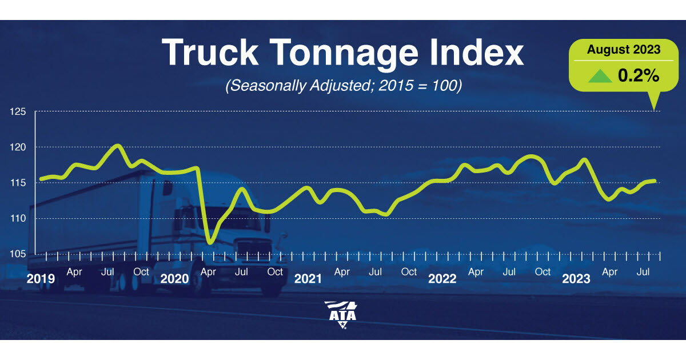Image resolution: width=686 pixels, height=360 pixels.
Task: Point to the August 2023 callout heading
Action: (624, 50)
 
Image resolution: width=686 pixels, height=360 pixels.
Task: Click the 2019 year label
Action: (41, 279)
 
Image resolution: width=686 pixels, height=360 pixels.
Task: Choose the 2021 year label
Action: (308, 279)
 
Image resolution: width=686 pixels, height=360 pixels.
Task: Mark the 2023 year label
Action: (576, 279)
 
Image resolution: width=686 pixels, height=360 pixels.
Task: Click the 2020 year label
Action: (174, 279)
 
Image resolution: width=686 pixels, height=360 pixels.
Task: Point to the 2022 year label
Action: (442, 279)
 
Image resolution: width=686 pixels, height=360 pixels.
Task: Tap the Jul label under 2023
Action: (643, 271)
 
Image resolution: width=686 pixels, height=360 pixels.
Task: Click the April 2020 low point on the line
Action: (210, 243)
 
